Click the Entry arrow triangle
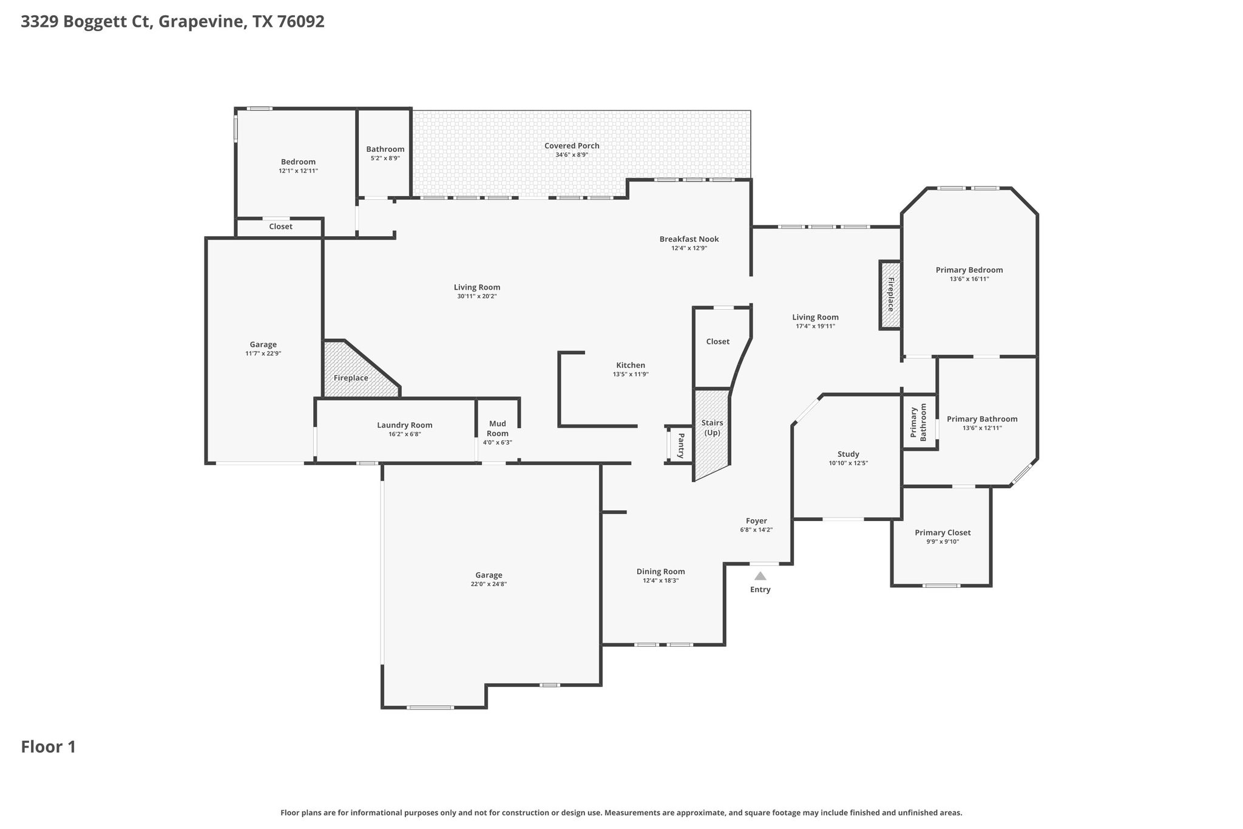[760, 576]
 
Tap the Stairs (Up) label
[712, 428]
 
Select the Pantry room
[681, 445]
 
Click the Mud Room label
[497, 428]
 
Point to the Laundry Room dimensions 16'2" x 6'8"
[404, 434]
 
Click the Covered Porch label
[572, 146]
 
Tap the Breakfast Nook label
[689, 239]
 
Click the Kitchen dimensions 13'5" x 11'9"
[631, 375]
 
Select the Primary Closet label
[943, 533]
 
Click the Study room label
[848, 454]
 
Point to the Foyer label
[756, 521]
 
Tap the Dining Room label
[660, 571]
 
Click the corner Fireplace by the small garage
[351, 378]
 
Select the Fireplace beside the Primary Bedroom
[890, 295]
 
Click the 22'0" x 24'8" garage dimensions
[489, 584]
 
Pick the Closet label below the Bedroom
[280, 227]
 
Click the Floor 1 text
[49, 747]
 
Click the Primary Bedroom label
[969, 270]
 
